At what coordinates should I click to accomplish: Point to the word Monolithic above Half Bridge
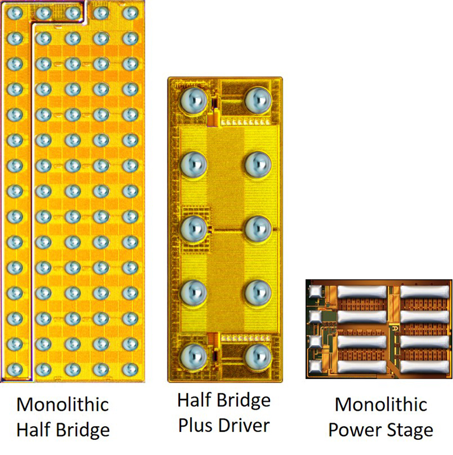pos(62,405)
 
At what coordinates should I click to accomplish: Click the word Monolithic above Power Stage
pos(381,405)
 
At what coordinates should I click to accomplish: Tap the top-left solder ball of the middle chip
pos(194,101)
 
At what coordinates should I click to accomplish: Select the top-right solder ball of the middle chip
pos(258,101)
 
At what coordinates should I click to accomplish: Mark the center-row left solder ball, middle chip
pos(194,228)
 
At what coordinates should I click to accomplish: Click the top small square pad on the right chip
pos(314,292)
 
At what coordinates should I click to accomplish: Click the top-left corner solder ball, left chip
pos(15,12)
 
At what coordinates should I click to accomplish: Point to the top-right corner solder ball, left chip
pos(130,12)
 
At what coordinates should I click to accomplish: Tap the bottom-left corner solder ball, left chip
pos(15,369)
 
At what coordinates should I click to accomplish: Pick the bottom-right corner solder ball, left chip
pos(130,369)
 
